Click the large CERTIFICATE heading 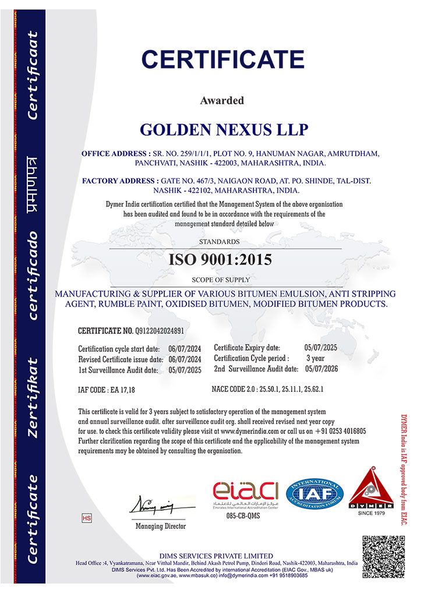(223, 60)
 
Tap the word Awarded (222, 101)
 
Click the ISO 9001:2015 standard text (220, 260)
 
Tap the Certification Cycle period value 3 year (315, 358)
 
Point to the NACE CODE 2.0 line (267, 388)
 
